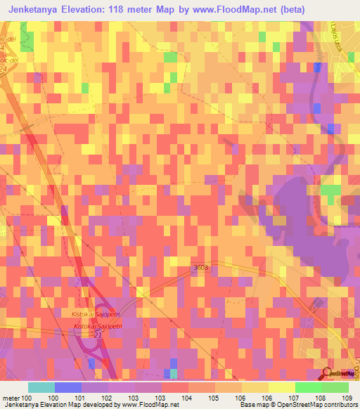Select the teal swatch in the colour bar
point(41,387)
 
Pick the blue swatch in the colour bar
point(67,387)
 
